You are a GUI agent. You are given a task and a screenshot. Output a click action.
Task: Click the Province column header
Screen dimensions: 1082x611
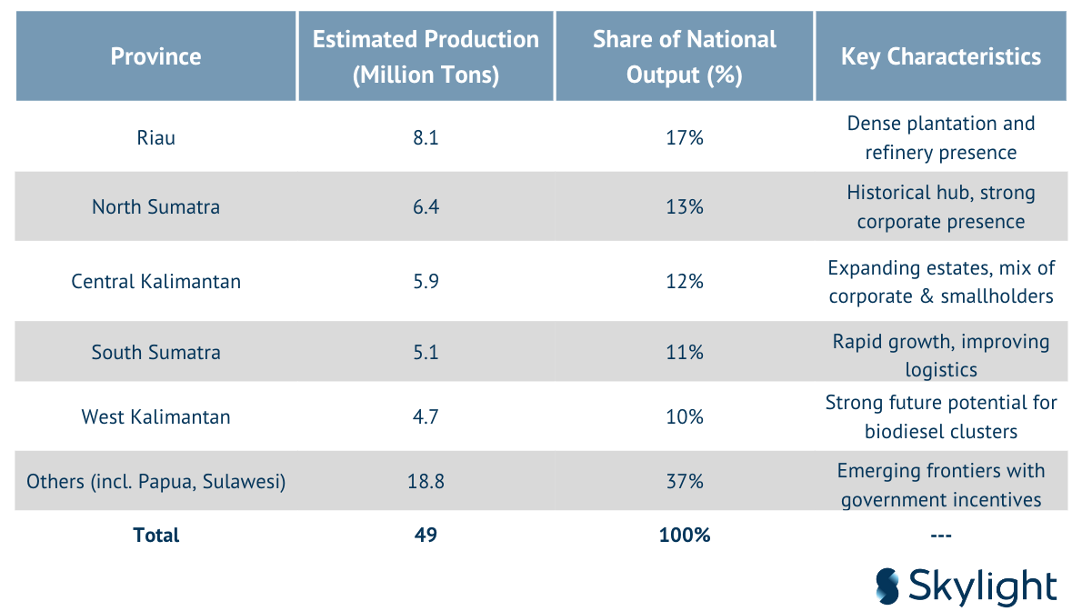pyautogui.click(x=156, y=56)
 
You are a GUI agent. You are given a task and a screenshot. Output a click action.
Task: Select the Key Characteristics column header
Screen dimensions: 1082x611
pyautogui.click(x=940, y=56)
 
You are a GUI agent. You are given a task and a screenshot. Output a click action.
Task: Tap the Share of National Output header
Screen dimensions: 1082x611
pyautogui.click(x=684, y=56)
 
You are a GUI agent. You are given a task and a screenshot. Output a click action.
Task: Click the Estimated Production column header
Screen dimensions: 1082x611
pyautogui.click(x=426, y=56)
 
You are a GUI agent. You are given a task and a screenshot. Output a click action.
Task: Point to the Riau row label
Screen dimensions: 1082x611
pyautogui.click(x=156, y=137)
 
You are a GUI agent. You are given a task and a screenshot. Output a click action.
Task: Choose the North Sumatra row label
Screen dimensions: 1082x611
pyautogui.click(x=156, y=206)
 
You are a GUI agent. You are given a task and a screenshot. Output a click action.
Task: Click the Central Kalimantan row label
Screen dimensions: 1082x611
pyautogui.click(x=156, y=281)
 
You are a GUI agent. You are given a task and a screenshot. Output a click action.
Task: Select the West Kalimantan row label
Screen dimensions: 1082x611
pyautogui.click(x=156, y=416)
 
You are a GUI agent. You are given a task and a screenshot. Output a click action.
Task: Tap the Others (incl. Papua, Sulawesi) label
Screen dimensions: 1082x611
pyautogui.click(x=156, y=481)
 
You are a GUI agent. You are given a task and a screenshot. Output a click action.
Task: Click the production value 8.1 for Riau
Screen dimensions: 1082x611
pyautogui.click(x=426, y=137)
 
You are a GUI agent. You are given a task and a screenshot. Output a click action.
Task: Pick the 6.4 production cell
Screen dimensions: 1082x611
pyautogui.click(x=426, y=206)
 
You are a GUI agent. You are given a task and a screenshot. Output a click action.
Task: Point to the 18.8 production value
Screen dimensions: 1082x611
pyautogui.click(x=426, y=481)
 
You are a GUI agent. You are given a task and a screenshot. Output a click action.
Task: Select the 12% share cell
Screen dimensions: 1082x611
pyautogui.click(x=685, y=281)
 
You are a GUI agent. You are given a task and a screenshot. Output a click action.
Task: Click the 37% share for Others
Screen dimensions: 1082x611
pyautogui.click(x=685, y=481)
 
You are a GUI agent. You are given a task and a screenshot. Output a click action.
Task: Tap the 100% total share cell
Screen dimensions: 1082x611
pyautogui.click(x=685, y=535)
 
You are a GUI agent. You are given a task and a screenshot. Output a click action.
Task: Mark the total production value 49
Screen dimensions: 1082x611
pyautogui.click(x=426, y=535)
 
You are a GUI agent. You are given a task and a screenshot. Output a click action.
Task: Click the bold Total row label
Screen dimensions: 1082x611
pyautogui.click(x=156, y=535)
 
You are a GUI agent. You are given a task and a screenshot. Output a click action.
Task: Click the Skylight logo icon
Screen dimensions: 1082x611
pyautogui.click(x=887, y=586)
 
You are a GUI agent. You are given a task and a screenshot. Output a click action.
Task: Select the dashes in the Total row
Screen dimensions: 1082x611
pyautogui.click(x=941, y=535)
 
